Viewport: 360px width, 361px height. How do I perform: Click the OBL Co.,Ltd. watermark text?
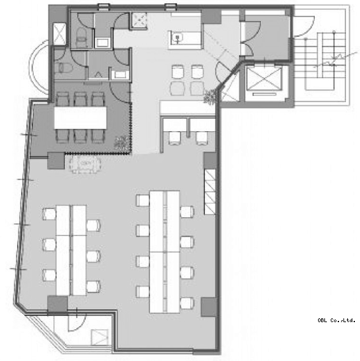[x=336, y=320]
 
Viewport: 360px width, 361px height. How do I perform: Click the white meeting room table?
[x=80, y=118]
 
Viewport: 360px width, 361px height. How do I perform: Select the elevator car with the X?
[x=264, y=78]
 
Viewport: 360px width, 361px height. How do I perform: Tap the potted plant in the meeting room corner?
[x=122, y=144]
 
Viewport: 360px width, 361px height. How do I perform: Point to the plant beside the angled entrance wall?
[x=210, y=97]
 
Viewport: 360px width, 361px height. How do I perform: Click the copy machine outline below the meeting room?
[x=85, y=164]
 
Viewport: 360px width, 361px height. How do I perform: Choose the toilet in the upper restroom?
[x=81, y=36]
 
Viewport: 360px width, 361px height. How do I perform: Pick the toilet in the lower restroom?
[x=62, y=68]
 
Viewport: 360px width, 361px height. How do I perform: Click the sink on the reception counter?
[x=177, y=38]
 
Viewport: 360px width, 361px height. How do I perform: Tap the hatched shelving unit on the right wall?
[x=210, y=192]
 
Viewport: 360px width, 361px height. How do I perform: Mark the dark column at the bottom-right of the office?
[x=209, y=307]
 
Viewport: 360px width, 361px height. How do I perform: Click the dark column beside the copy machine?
[x=56, y=160]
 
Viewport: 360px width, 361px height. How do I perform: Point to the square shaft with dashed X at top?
[x=139, y=20]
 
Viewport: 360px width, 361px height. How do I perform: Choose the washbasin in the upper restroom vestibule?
[x=102, y=43]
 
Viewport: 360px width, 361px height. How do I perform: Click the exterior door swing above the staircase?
[x=304, y=26]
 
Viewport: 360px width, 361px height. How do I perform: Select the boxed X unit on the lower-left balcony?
[x=100, y=337]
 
